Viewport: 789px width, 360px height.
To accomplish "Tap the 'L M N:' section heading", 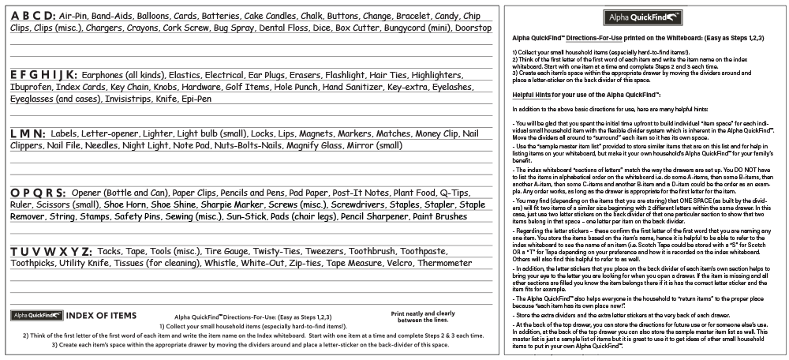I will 28,134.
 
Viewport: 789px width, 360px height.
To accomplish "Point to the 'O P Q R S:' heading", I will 39,192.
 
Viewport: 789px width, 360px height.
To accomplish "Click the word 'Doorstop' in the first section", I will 473,28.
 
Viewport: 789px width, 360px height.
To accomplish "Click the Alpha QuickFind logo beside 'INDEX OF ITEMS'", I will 36,316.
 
